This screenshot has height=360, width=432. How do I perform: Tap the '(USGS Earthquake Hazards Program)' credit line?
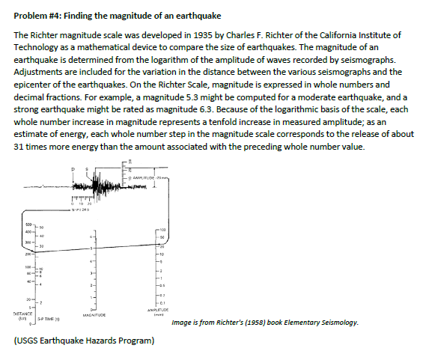85,342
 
